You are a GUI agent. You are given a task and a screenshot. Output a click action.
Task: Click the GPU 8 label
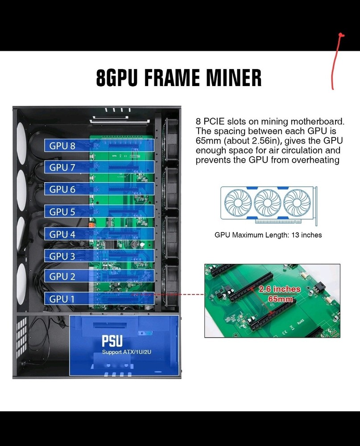pos(62,145)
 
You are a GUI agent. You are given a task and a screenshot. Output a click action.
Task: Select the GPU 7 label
pos(62,167)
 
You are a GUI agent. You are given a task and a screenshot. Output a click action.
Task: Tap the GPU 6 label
pos(62,189)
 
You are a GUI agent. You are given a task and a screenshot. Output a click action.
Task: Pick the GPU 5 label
pos(62,212)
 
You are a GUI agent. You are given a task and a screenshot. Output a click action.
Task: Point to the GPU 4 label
pos(62,234)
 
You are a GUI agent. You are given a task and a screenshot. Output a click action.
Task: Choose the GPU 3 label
pos(62,256)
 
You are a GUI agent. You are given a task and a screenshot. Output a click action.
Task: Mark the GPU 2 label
pos(62,277)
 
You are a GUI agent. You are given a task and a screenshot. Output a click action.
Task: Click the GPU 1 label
pos(62,299)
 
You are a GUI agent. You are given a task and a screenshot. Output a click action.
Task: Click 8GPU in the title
pos(117,77)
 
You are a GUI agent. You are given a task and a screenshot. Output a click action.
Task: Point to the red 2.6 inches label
pos(280,289)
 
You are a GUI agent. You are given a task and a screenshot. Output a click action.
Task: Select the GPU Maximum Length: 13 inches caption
pos(268,235)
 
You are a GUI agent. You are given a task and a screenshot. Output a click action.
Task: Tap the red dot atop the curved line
pos(341,35)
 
